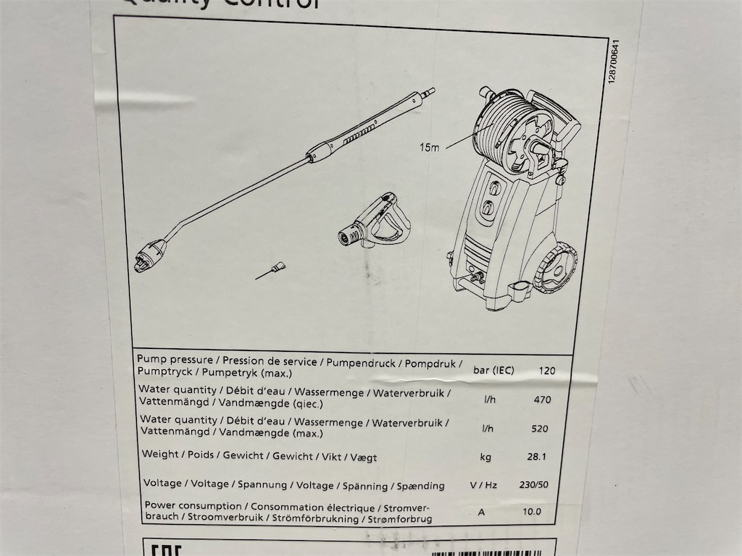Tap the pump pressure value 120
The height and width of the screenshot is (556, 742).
tap(547, 371)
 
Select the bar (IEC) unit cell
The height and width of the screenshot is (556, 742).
tap(493, 371)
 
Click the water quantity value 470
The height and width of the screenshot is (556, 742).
tap(541, 399)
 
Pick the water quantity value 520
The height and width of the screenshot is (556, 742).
tap(540, 428)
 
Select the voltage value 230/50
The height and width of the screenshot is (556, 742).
tap(534, 484)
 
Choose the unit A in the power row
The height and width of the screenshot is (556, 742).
tap(481, 512)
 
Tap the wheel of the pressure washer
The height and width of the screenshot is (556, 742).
tap(555, 269)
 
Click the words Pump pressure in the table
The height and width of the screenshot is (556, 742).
tap(175, 360)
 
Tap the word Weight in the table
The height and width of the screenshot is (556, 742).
tap(160, 455)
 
